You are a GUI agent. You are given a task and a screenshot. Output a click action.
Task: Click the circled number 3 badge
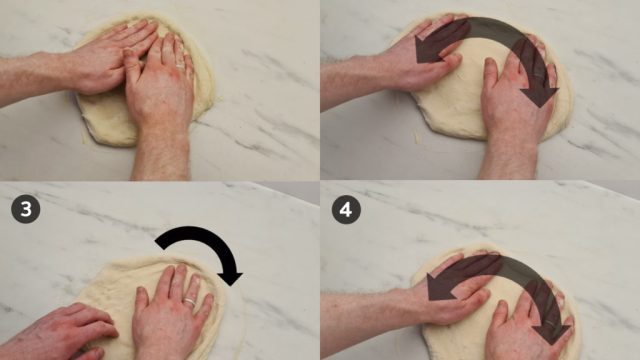tap(25, 209)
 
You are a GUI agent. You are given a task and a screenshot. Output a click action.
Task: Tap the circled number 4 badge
tap(346, 209)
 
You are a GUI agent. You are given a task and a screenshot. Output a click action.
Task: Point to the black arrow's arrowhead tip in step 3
tap(231, 286)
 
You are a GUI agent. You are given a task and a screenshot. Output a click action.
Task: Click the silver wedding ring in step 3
tap(190, 302)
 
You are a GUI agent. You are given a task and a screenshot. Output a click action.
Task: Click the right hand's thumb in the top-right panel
tap(491, 73)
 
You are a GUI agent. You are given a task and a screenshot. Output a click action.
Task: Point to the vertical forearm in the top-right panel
tap(508, 157)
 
